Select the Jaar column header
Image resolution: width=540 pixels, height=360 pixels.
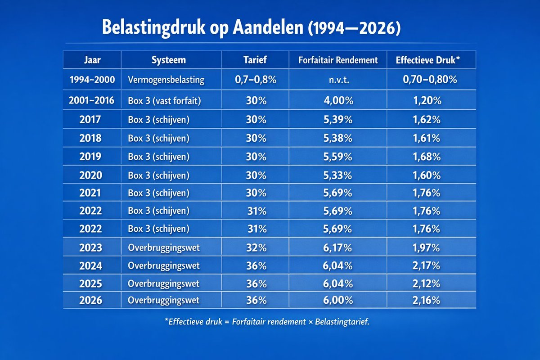point(92,60)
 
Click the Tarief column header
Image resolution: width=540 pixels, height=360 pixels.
point(256,60)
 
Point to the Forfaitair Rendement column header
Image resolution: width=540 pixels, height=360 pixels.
point(338,60)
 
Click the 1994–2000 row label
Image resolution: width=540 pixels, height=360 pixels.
point(92,80)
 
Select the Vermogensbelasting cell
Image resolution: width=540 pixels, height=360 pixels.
point(165,80)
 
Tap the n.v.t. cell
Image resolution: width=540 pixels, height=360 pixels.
point(338,80)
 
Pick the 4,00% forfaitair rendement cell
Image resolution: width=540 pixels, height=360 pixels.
point(338,101)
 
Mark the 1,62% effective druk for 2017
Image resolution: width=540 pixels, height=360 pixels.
point(427,121)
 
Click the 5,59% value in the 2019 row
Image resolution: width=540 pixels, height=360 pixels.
point(338,157)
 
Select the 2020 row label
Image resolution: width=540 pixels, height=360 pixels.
point(92,175)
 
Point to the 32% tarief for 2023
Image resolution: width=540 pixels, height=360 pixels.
point(256,247)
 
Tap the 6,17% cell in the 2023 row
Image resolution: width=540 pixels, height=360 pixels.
point(338,247)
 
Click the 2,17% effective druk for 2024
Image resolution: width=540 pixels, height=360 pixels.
point(427,265)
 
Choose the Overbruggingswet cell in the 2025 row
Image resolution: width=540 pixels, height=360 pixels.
point(163,284)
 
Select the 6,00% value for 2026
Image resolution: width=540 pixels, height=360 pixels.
point(338,301)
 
